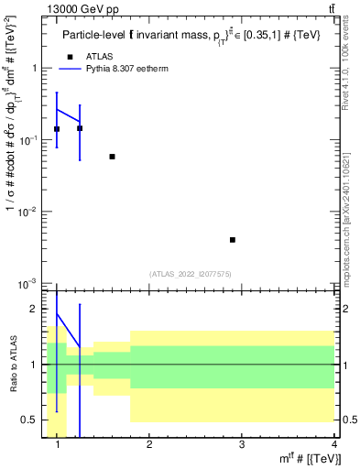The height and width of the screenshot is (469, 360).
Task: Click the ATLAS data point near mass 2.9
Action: (233, 240)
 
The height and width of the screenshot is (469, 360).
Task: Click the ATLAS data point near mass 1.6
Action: (112, 157)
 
